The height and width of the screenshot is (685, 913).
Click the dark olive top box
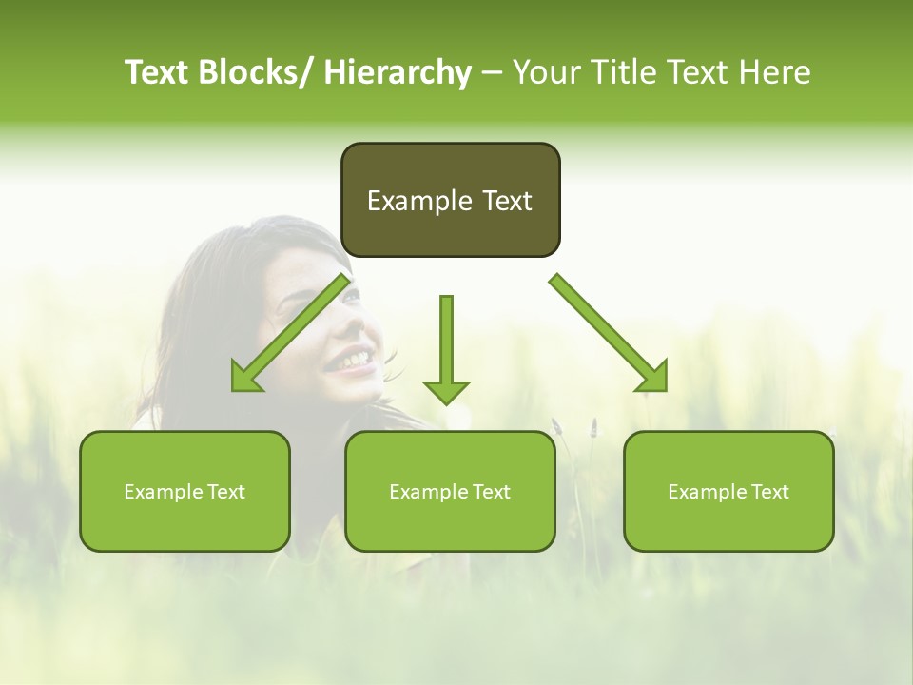pyautogui.click(x=450, y=200)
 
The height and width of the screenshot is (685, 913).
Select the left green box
pyautogui.click(x=185, y=491)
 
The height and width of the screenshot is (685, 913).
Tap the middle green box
pyautogui.click(x=450, y=491)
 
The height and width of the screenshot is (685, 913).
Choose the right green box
pyautogui.click(x=728, y=491)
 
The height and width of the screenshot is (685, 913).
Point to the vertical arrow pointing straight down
pyautogui.click(x=446, y=347)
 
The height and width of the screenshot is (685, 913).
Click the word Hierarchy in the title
pyautogui.click(x=398, y=72)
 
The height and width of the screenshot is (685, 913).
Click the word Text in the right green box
pyautogui.click(x=769, y=492)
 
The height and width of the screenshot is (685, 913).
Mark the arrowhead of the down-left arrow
pyautogui.click(x=245, y=377)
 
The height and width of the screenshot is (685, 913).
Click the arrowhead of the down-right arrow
pyautogui.click(x=653, y=377)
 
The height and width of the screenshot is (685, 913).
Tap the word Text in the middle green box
pyautogui.click(x=491, y=492)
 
